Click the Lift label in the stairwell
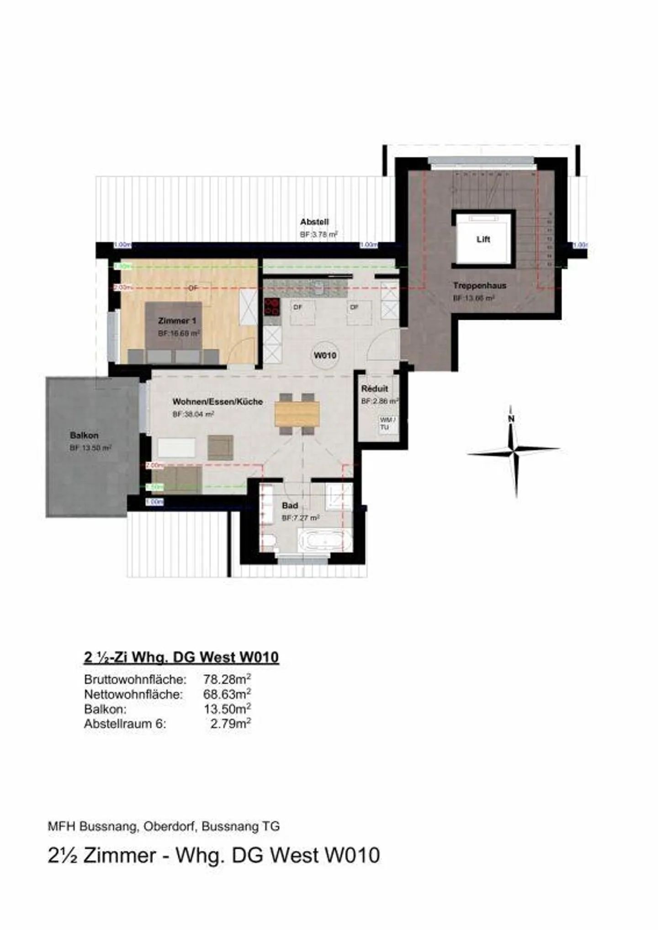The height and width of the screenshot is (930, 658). tap(483, 239)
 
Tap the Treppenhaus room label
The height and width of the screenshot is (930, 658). tap(479, 286)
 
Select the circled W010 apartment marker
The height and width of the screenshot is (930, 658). tap(325, 355)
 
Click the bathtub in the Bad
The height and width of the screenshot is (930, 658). tap(325, 541)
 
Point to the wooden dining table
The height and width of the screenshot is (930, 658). tap(297, 414)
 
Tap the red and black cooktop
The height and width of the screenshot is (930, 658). tap(272, 307)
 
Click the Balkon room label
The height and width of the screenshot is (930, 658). tap(84, 435)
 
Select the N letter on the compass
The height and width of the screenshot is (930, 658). tap(511, 419)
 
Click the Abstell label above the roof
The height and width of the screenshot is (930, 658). tap(314, 222)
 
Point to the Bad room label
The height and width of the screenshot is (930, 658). tap(290, 505)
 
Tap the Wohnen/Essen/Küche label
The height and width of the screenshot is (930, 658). tap(218, 402)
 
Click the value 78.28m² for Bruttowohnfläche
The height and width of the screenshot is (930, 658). tap(227, 679)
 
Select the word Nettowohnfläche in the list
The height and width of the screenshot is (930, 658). tap(133, 694)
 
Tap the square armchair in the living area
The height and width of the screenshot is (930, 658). tap(220, 447)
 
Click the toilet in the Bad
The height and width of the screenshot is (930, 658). tap(268, 542)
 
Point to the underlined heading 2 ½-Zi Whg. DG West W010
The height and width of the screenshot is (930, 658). tap(181, 657)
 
